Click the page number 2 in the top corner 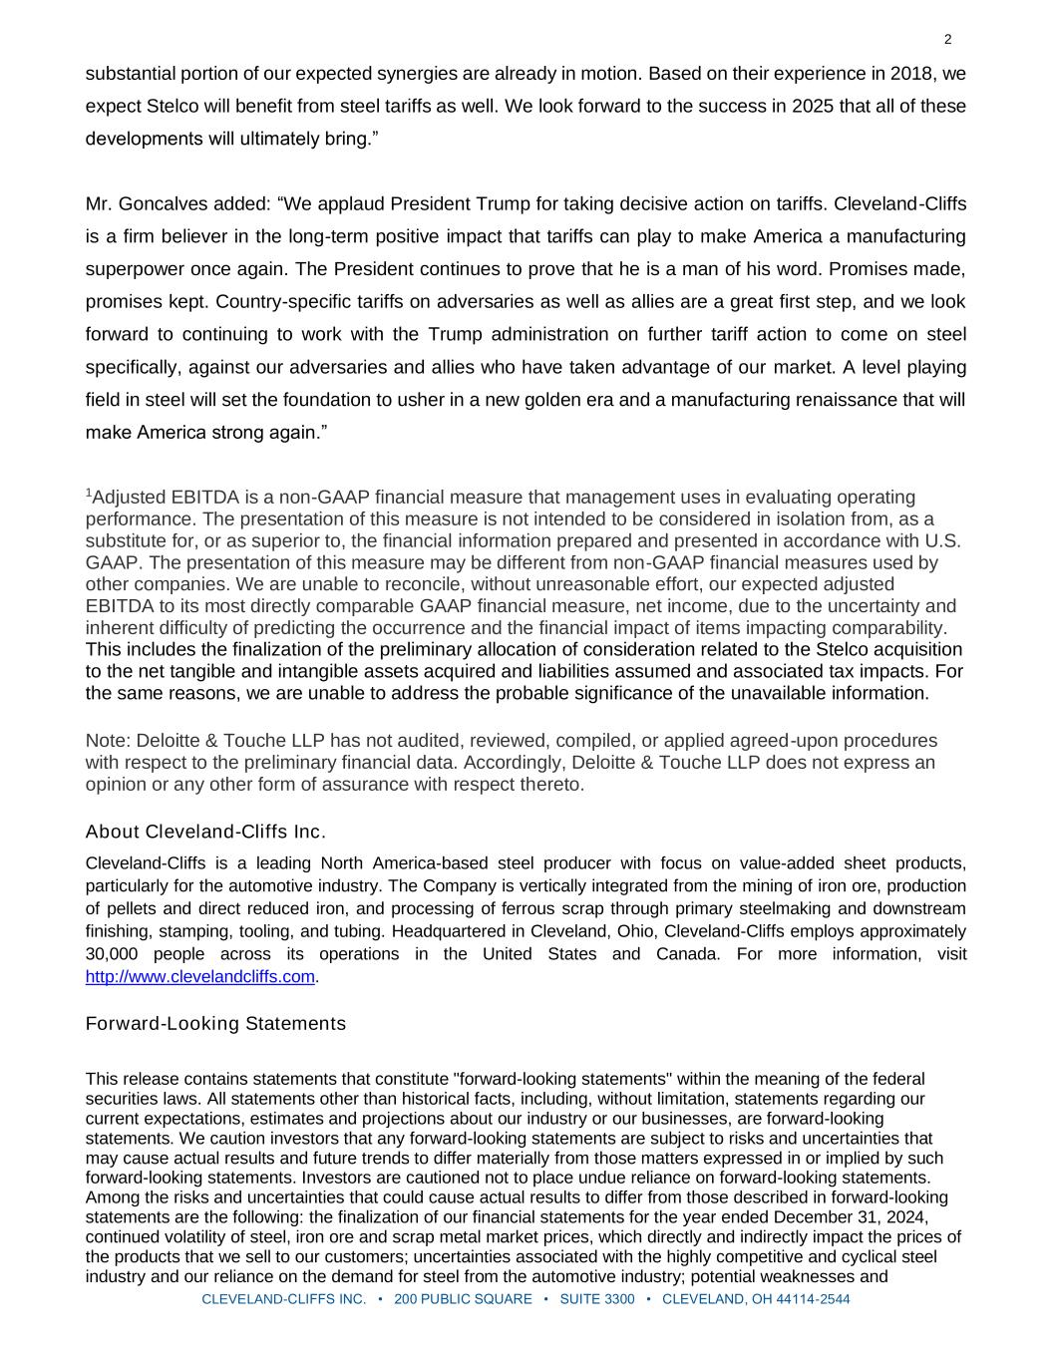[947, 40]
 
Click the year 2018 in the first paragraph [920, 74]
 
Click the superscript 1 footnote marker [89, 493]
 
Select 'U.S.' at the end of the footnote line [942, 540]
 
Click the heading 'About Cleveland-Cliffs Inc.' [205, 832]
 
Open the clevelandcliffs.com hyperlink [199, 977]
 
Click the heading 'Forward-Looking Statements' [215, 1024]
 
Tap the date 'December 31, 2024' [850, 1217]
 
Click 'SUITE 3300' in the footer [597, 1299]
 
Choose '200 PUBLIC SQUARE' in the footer [463, 1299]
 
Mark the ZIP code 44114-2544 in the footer [813, 1299]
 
